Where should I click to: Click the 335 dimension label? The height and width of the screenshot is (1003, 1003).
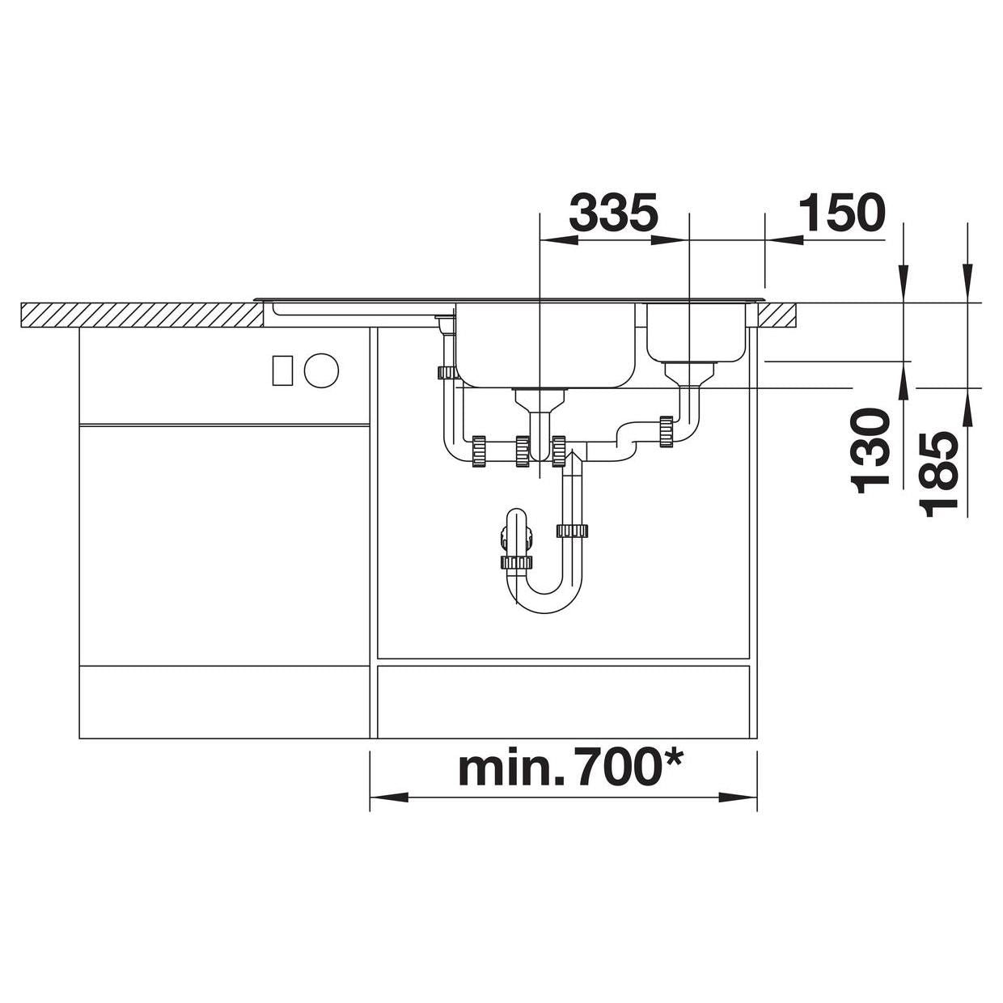pyautogui.click(x=614, y=213)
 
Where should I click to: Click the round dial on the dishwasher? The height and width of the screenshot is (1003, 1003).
pyautogui.click(x=321, y=370)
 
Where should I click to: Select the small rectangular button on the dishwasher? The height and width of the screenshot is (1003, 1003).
pyautogui.click(x=282, y=370)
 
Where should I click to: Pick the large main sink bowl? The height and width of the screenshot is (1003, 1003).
pyautogui.click(x=546, y=345)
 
